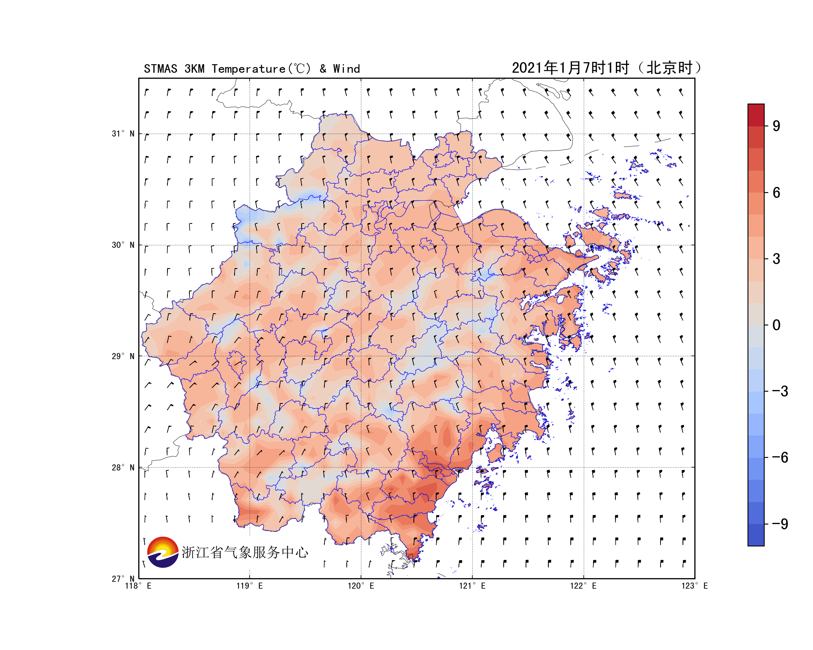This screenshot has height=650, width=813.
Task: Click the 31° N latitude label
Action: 123,134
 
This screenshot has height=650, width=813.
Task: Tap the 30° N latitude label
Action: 123,245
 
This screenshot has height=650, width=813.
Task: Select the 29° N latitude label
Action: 123,356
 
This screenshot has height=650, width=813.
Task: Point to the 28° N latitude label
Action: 123,468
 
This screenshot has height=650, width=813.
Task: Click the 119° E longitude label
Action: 250,586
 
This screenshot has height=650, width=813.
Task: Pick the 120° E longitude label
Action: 361,586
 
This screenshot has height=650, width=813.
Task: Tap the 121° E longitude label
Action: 472,586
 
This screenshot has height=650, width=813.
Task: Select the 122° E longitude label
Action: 583,586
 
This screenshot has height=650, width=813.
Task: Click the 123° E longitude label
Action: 695,586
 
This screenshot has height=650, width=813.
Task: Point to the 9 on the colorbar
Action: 776,126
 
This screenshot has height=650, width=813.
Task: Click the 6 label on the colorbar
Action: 776,193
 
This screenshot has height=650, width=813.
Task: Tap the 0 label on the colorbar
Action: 776,325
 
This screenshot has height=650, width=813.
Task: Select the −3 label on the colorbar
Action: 780,391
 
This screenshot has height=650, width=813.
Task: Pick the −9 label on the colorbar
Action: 780,524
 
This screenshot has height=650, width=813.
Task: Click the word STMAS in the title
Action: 161,69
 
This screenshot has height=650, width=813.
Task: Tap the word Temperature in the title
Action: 248,69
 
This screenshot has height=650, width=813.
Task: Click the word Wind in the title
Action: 346,69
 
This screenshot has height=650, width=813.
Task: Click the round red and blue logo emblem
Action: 163,552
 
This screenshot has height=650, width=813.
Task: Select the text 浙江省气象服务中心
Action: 245,552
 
